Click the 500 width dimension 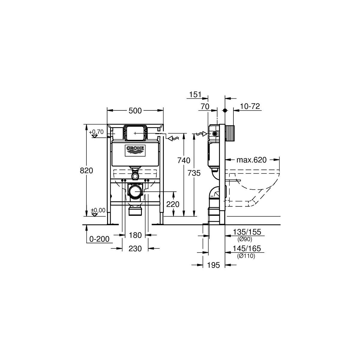point(135,111)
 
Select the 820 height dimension point(86,171)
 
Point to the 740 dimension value point(184,160)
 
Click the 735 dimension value point(194,173)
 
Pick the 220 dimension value point(173,204)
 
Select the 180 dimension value point(135,235)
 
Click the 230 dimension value point(135,248)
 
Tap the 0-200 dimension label point(99,239)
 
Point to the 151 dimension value point(195,94)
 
